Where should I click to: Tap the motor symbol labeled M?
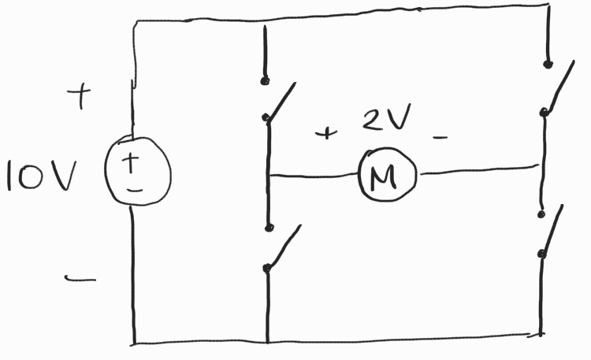(388, 175)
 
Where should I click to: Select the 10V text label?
(40, 177)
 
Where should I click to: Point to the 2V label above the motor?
(385, 121)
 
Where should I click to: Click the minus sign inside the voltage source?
(135, 189)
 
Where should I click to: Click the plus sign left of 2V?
(324, 133)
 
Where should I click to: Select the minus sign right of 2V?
(440, 139)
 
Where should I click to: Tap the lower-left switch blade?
(284, 247)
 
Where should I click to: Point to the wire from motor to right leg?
(477, 169)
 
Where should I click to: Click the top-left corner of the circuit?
(134, 22)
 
